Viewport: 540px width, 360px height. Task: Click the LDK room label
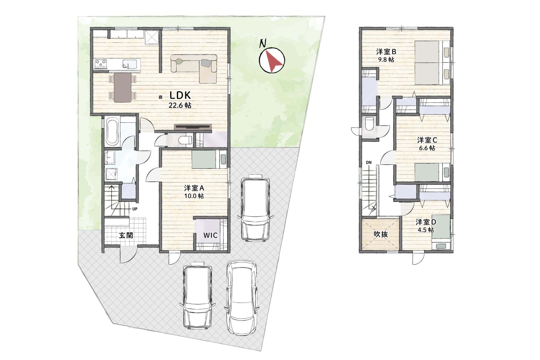180,95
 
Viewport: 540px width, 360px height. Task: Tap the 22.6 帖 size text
180,105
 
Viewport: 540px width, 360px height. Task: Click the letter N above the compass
263,44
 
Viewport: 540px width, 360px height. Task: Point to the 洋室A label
194,188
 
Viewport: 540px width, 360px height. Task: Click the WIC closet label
210,235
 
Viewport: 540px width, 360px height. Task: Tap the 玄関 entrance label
126,235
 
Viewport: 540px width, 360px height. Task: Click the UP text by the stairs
134,209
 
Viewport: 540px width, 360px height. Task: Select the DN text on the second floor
369,162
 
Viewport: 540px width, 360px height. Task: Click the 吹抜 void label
381,234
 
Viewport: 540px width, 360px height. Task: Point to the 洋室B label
386,52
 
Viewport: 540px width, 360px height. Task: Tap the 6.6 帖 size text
427,148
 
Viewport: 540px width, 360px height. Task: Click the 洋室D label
426,222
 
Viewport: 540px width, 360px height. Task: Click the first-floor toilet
185,140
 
